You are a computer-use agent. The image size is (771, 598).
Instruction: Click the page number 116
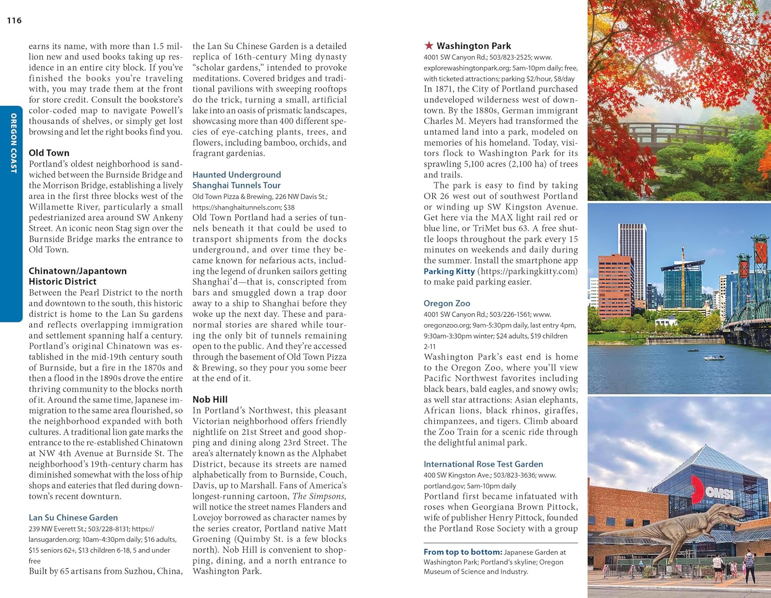14,21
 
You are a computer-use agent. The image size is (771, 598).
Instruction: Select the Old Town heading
49,153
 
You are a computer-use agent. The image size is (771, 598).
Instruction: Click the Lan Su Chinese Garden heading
73,517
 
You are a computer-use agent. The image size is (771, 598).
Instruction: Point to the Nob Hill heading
210,400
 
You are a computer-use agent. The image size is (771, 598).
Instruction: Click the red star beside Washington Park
429,46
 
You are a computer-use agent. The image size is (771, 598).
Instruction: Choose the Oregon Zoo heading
447,303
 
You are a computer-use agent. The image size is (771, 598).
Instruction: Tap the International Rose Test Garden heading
483,464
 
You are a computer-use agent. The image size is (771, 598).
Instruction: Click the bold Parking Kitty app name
449,271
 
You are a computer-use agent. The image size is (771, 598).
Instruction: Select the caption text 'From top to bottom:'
463,552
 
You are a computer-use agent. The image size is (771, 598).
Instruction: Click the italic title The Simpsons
319,496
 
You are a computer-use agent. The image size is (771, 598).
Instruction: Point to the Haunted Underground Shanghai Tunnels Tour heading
236,180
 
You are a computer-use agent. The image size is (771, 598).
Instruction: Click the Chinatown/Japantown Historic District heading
77,276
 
